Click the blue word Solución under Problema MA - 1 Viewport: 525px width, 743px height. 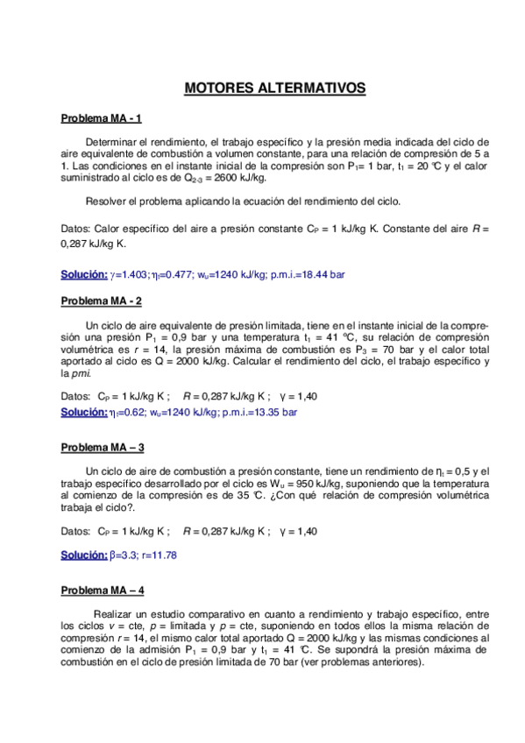click(84, 274)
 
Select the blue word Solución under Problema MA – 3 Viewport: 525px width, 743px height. click(84, 555)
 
